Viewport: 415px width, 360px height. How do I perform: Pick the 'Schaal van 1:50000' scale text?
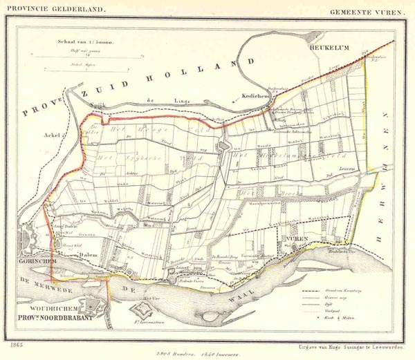click(x=86, y=42)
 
